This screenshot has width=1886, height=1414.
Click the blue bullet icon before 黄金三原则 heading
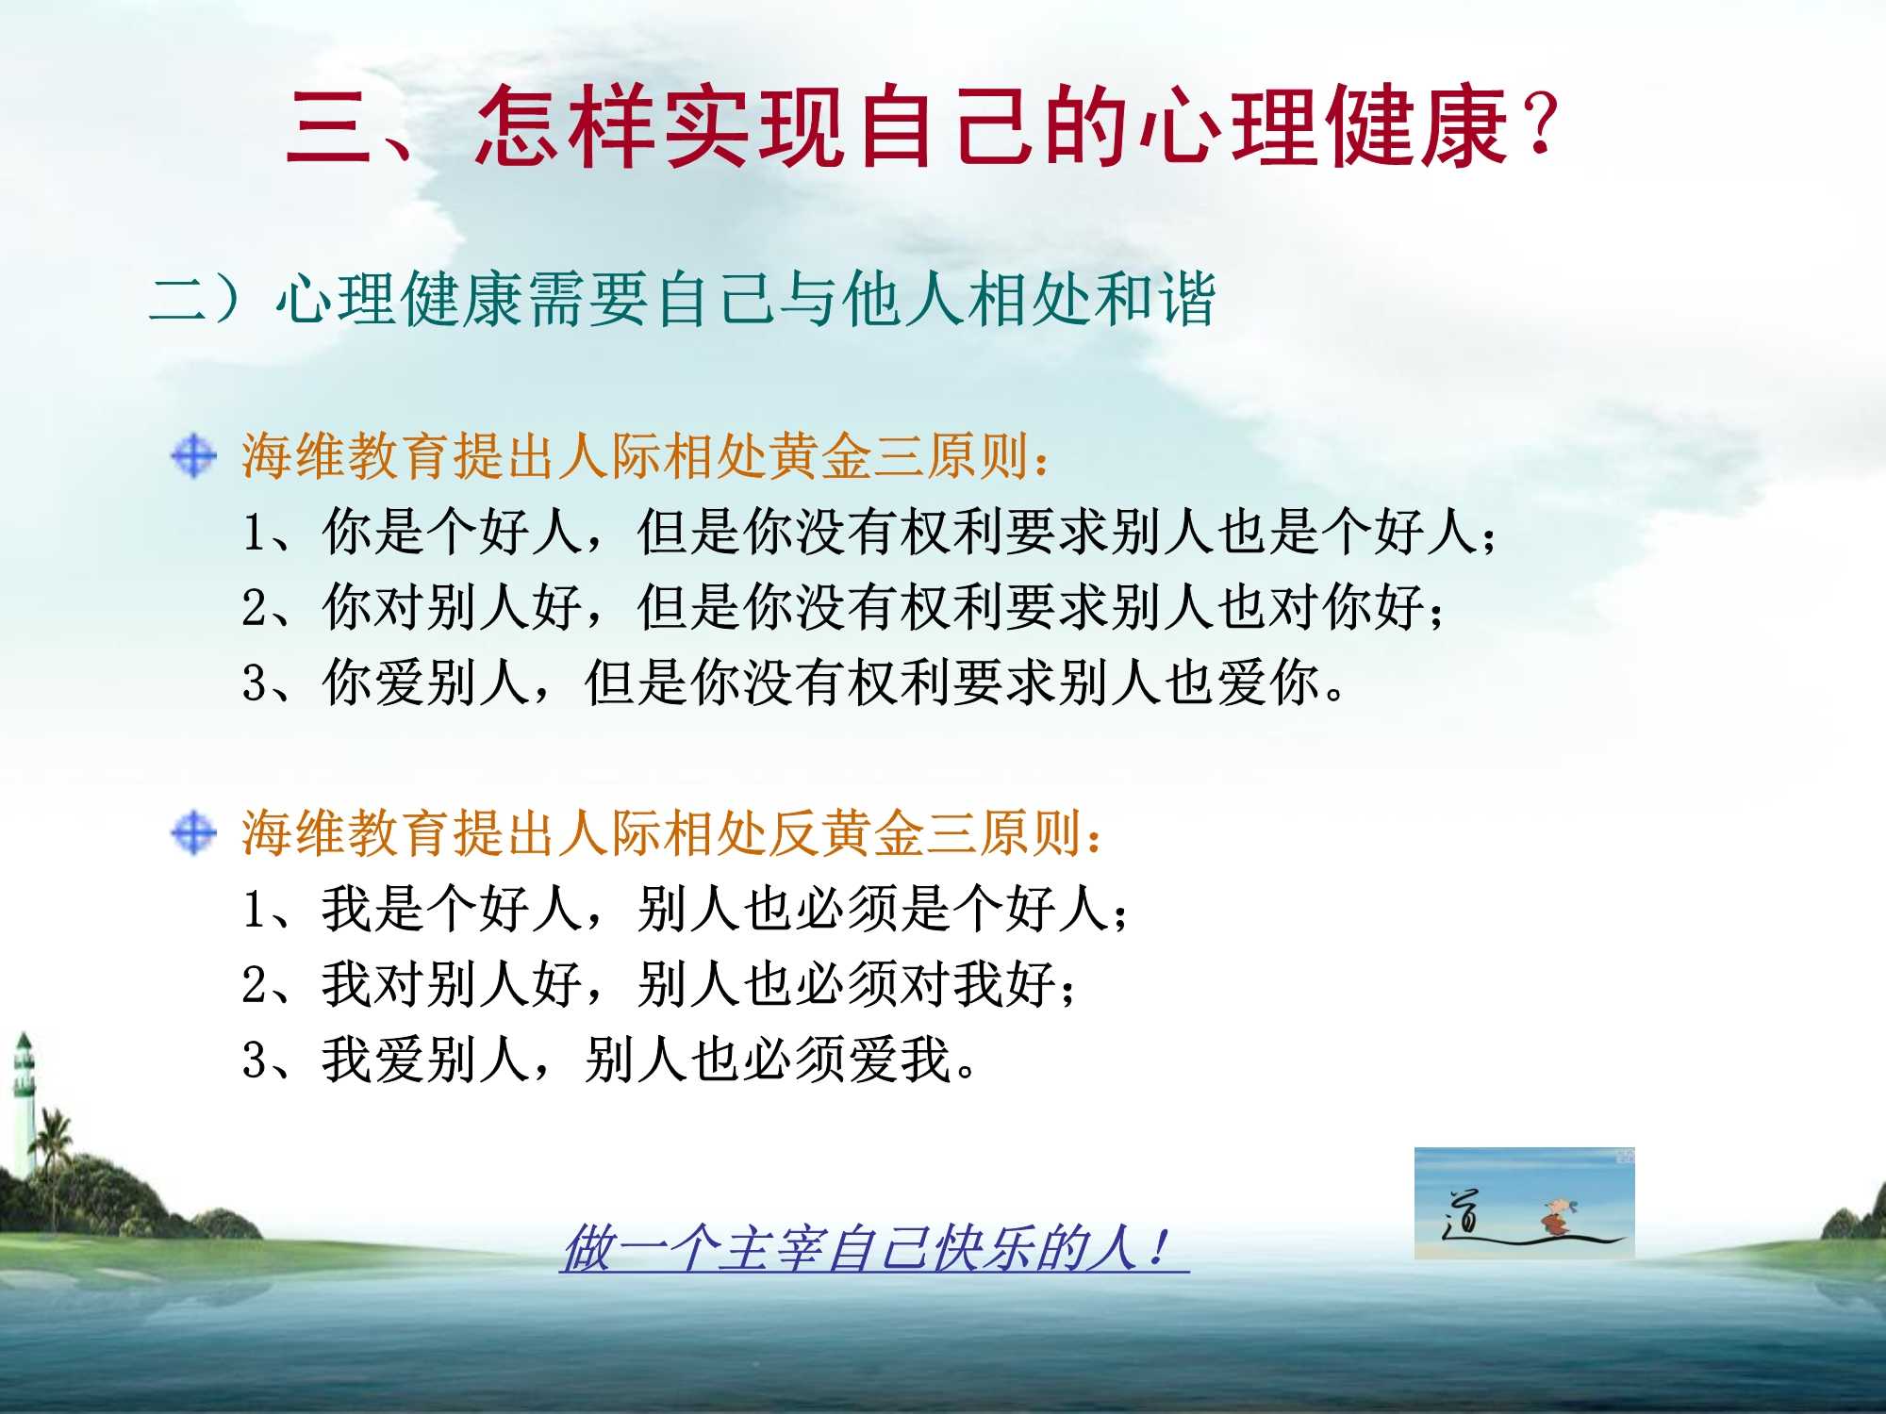coord(194,456)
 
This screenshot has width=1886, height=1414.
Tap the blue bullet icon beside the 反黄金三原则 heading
coord(194,833)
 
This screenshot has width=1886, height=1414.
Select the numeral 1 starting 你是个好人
coord(255,532)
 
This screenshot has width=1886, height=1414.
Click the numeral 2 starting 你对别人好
coord(255,607)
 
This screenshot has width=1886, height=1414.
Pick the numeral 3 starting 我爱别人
coord(255,1060)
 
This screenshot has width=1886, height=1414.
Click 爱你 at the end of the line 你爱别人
coord(1268,682)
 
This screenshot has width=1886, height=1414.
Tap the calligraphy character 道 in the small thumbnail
coord(1463,1212)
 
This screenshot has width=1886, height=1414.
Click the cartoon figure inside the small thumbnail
coord(1555,1215)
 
